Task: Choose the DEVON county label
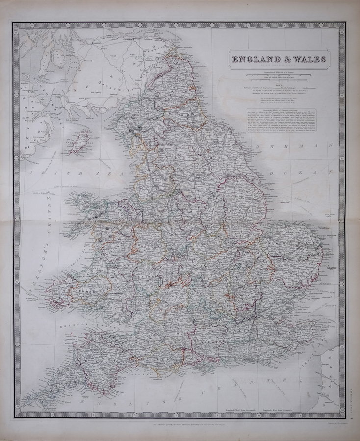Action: pos(113,358)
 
